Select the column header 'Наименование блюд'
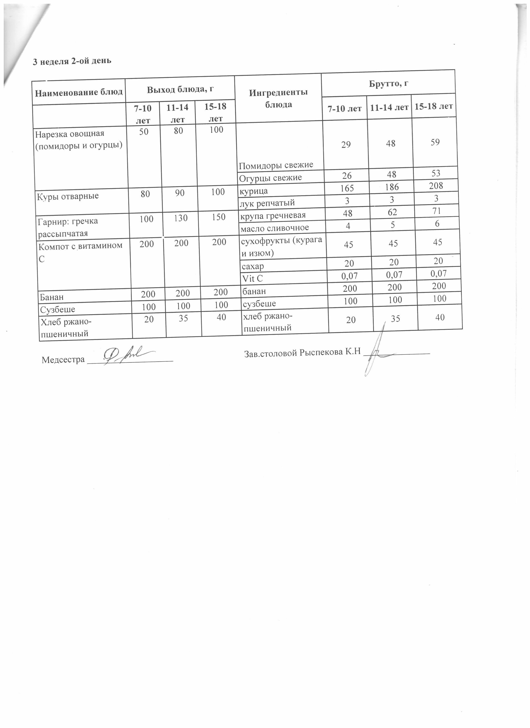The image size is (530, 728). tap(79, 92)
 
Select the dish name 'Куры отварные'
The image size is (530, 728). tap(68, 196)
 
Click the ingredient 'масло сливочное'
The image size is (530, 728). tap(275, 228)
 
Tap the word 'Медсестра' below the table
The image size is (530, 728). tap(63, 360)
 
